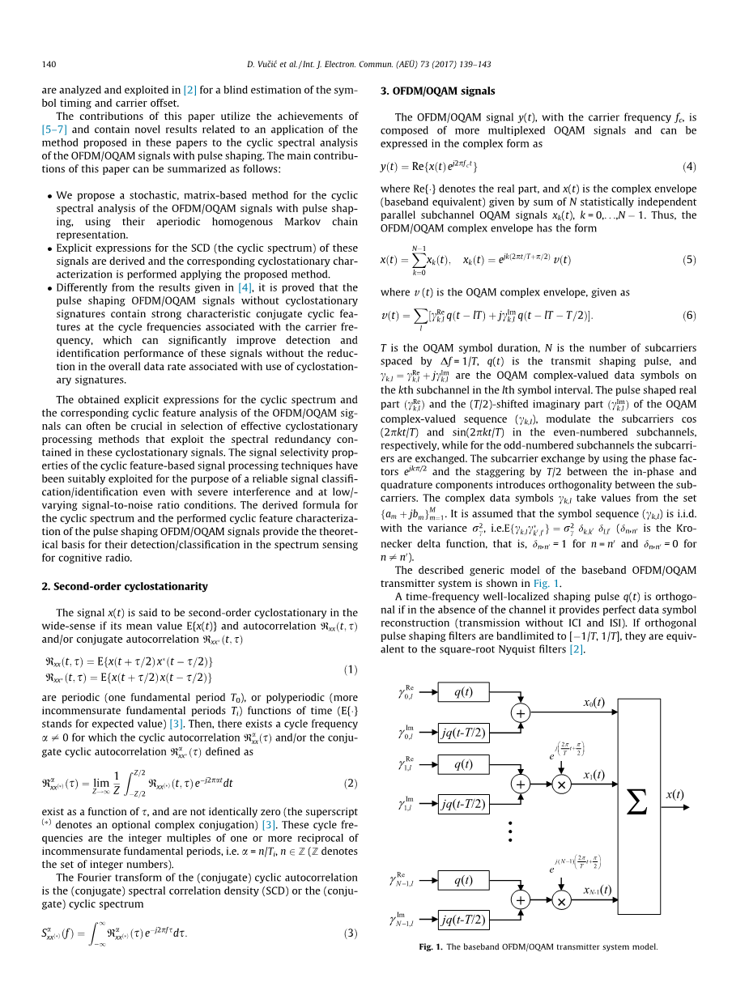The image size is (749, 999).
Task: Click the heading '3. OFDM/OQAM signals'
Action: (437, 91)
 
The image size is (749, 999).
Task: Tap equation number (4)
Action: (688, 167)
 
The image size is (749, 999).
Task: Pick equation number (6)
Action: (688, 315)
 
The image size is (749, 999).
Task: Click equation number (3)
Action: (350, 933)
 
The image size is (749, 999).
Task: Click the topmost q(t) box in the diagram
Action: (463, 692)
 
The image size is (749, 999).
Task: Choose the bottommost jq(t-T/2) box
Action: (463, 919)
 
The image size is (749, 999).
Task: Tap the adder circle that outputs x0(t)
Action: (520, 712)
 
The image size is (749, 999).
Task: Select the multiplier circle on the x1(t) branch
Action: (560, 784)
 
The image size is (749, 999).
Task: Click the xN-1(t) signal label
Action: (596, 890)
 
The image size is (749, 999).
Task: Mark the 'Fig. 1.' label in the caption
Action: (431, 946)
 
